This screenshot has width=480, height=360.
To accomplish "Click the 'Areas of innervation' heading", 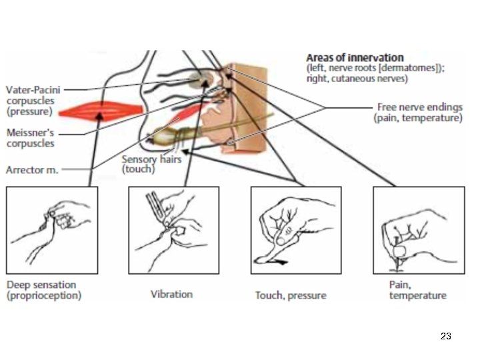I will (355, 59).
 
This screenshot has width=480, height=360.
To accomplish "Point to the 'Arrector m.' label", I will (32, 169).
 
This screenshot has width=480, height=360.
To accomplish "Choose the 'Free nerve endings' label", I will (419, 107).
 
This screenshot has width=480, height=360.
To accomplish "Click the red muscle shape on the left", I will (101, 109).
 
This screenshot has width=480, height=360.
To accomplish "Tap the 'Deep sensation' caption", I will (41, 285).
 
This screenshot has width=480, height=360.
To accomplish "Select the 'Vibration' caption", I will (171, 294).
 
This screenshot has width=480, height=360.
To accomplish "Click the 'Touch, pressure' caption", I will (291, 295).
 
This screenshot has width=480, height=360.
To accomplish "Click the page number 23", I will (446, 336).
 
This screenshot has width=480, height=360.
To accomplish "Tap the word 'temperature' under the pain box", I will (418, 295).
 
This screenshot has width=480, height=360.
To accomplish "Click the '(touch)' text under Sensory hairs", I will (138, 169).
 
